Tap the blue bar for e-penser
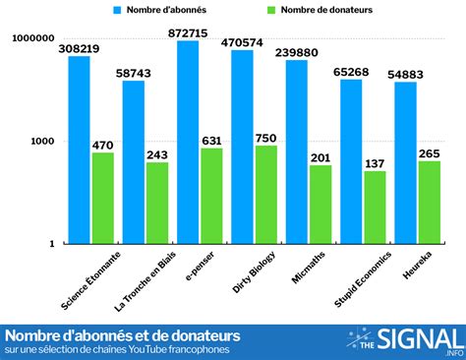pos(188,143)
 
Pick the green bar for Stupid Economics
pos(375,208)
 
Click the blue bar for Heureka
pos(406,162)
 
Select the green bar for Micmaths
pos(320,205)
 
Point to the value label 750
pos(266,138)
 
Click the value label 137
pos(375,163)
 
